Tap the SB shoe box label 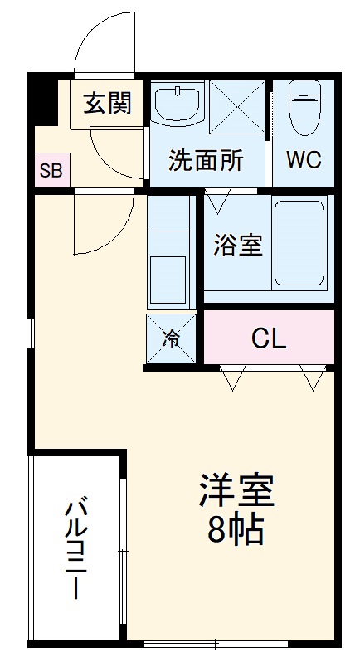(51, 173)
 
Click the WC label (304, 159)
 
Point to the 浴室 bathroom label (238, 246)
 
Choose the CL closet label (268, 338)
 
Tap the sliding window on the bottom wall (216, 644)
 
